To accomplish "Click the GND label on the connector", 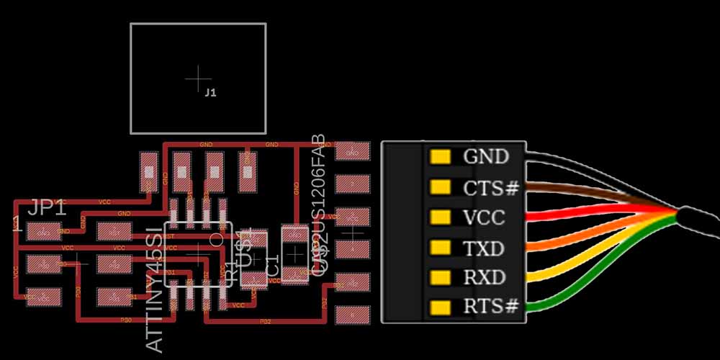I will click(486, 156).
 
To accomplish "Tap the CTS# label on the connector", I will click(491, 188).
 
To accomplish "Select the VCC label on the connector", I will click(484, 217).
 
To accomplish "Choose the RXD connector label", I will click(484, 277).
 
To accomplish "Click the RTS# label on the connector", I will click(491, 307).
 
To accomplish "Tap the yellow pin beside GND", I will click(439, 156).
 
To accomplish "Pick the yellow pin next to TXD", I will click(439, 248).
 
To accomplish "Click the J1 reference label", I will click(210, 93).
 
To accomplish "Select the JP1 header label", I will click(48, 209).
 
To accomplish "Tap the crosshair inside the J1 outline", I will click(197, 78).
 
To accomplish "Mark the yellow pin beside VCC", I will click(439, 217).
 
